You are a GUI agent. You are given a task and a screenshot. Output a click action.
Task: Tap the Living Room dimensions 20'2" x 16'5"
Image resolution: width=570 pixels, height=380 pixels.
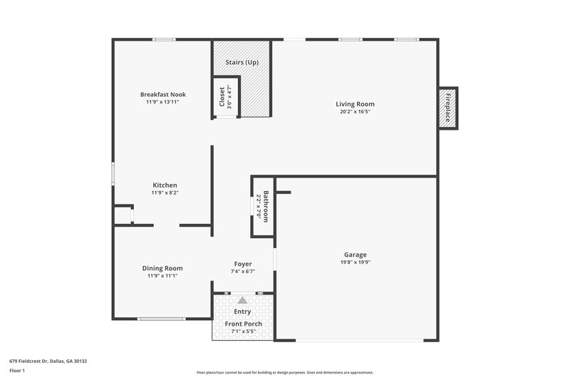(355, 112)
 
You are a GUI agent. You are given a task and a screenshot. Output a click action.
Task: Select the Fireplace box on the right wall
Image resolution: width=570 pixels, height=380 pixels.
(447, 108)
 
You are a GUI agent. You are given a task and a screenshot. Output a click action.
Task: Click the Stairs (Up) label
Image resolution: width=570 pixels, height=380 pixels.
(242, 63)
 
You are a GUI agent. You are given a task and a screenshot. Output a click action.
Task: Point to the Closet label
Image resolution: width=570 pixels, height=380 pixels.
(222, 96)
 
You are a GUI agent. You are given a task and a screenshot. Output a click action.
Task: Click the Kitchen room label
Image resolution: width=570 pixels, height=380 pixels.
(164, 185)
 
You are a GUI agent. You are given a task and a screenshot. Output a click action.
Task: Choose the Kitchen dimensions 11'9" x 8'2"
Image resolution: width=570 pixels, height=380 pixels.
(164, 192)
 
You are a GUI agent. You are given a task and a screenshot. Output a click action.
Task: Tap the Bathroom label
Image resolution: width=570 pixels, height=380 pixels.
(265, 207)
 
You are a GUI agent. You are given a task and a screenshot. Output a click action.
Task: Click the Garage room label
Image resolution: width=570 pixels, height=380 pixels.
(354, 255)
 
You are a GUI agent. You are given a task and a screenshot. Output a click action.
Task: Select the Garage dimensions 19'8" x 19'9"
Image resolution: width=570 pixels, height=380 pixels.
(354, 262)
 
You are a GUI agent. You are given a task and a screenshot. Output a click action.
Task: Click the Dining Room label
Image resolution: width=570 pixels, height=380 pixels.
(163, 268)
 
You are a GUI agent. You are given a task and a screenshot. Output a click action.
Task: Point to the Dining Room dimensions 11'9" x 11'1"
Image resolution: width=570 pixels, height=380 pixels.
(163, 276)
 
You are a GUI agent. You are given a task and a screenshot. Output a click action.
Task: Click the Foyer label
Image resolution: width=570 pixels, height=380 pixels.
(243, 264)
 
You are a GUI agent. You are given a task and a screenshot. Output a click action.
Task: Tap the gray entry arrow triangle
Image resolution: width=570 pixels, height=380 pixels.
(243, 300)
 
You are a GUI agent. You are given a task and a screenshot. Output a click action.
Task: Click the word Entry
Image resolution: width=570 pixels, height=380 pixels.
(243, 312)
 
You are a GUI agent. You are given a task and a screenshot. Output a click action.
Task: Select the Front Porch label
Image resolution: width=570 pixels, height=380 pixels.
(244, 324)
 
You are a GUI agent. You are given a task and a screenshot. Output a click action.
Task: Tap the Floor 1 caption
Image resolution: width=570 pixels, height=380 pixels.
(17, 371)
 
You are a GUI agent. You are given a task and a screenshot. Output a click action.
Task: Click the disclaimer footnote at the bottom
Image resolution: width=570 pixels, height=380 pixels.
(284, 372)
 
